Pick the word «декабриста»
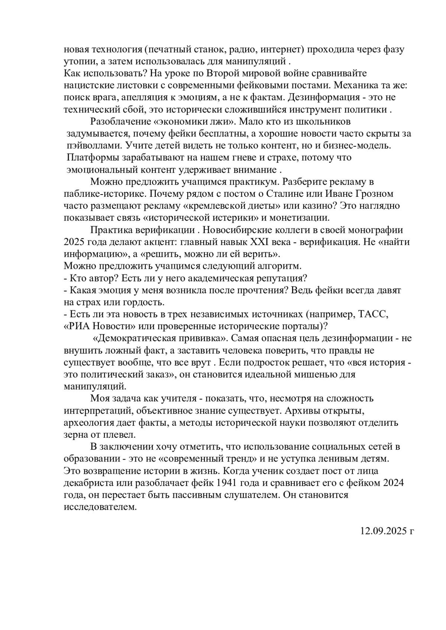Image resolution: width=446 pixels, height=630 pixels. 85,483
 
